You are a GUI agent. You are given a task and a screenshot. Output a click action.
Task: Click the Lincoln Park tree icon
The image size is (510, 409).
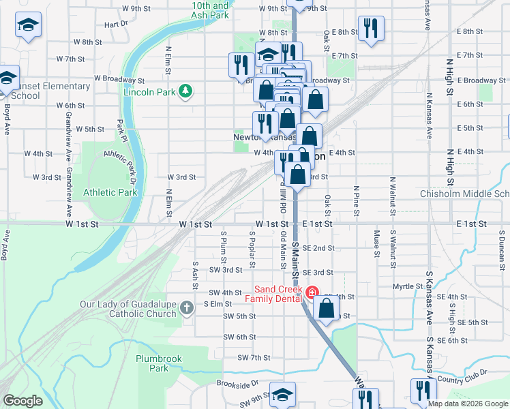tap(184, 91)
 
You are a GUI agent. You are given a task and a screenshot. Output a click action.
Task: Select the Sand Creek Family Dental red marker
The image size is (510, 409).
tap(312, 293)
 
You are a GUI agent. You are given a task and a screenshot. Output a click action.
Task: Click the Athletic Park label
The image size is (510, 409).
tap(110, 192)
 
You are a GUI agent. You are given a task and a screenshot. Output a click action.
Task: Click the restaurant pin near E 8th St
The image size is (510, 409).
tap(371, 29)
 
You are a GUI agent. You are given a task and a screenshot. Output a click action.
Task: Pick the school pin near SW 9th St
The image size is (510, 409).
tap(282, 395)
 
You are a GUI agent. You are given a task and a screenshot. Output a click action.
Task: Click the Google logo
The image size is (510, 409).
tap(22, 401)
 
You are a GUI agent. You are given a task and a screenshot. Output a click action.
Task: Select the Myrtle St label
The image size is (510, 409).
tap(408, 286)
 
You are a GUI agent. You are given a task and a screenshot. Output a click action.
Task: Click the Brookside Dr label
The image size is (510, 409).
tap(239, 383)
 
